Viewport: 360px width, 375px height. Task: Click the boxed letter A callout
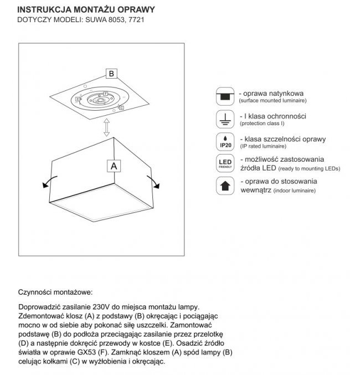click(x=114, y=165)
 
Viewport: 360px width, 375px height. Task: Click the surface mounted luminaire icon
click(x=224, y=96)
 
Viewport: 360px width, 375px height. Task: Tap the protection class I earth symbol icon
click(x=224, y=119)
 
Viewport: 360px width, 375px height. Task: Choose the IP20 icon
click(x=224, y=141)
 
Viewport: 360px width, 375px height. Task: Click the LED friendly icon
click(x=224, y=163)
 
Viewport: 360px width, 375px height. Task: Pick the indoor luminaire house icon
click(x=224, y=186)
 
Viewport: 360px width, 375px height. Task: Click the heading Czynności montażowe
click(x=55, y=291)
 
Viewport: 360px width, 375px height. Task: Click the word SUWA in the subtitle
click(x=95, y=20)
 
